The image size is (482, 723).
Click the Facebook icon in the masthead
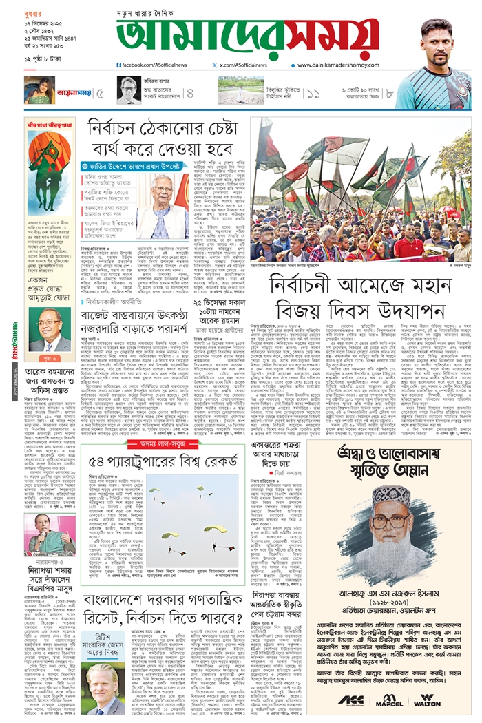point(119,65)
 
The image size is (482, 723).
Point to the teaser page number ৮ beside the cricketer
point(389,92)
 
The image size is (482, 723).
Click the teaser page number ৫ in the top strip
point(101,92)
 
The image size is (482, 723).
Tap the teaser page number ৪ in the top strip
point(190,92)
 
